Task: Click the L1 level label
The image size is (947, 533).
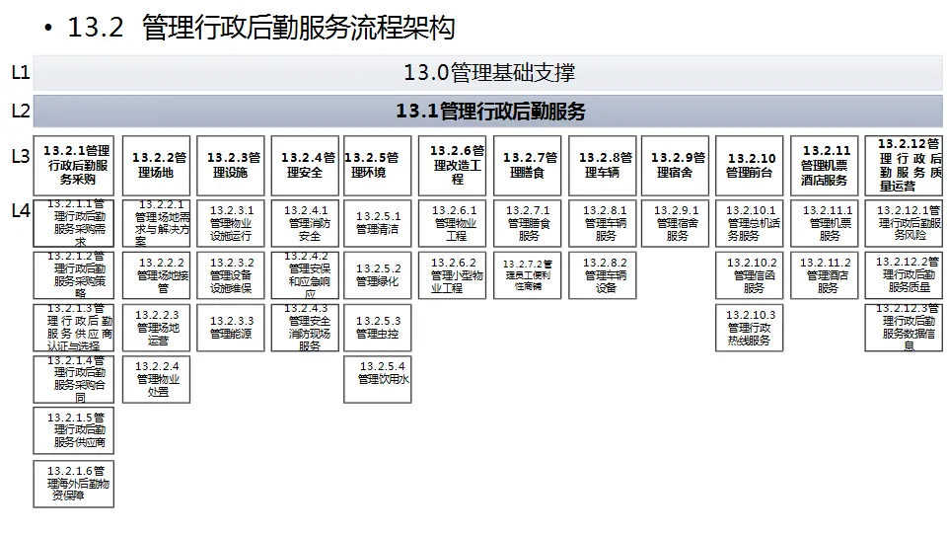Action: pyautogui.click(x=20, y=73)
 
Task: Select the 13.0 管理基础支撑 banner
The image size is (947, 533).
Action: pyautogui.click(x=488, y=73)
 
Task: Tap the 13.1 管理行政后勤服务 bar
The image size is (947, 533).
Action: pyautogui.click(x=488, y=112)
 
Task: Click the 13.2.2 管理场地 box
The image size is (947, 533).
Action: pyautogui.click(x=160, y=165)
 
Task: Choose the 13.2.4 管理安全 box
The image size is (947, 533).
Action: pyautogui.click(x=307, y=165)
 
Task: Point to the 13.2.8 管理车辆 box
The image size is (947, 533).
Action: pyautogui.click(x=605, y=165)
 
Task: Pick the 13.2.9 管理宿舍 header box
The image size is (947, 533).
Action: pyautogui.click(x=678, y=165)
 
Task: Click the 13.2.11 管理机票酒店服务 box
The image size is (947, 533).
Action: pyautogui.click(x=826, y=165)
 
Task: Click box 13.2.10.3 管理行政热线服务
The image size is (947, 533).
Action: pyautogui.click(x=752, y=328)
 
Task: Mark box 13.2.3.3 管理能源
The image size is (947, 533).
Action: pyautogui.click(x=232, y=328)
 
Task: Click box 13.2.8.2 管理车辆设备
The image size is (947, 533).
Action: pyautogui.click(x=605, y=275)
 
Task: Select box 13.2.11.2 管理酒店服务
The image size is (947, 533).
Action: pyautogui.click(x=828, y=275)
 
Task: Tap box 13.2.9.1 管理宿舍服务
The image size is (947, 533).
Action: pyautogui.click(x=678, y=223)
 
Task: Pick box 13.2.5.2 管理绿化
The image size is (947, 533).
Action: pyautogui.click(x=379, y=275)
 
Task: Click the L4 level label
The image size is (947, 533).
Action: pyautogui.click(x=20, y=210)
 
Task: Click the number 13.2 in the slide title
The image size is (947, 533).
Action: pyautogui.click(x=95, y=28)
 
